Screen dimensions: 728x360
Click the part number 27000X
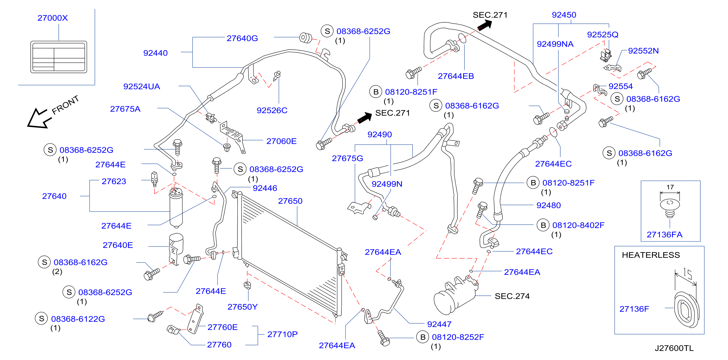tap(53, 18)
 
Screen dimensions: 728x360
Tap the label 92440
tap(156, 53)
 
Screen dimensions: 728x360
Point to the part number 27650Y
tap(242, 307)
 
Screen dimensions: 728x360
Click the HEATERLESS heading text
tap(651, 255)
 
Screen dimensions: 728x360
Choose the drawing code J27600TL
tap(674, 348)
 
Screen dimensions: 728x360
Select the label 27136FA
tap(664, 235)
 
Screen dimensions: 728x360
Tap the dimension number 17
tap(670, 187)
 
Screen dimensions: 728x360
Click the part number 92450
tap(564, 15)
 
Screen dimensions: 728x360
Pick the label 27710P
tap(282, 334)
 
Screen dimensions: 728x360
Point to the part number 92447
tap(439, 324)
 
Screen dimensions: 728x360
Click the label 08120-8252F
tap(458, 337)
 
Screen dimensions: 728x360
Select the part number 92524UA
tap(141, 86)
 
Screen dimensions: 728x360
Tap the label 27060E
tap(281, 141)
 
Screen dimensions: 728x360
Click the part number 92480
tap(548, 205)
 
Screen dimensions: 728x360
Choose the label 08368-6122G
tap(78, 319)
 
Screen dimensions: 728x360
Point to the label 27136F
tap(634, 309)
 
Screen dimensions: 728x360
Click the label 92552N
tap(643, 51)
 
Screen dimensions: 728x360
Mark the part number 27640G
tap(242, 38)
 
